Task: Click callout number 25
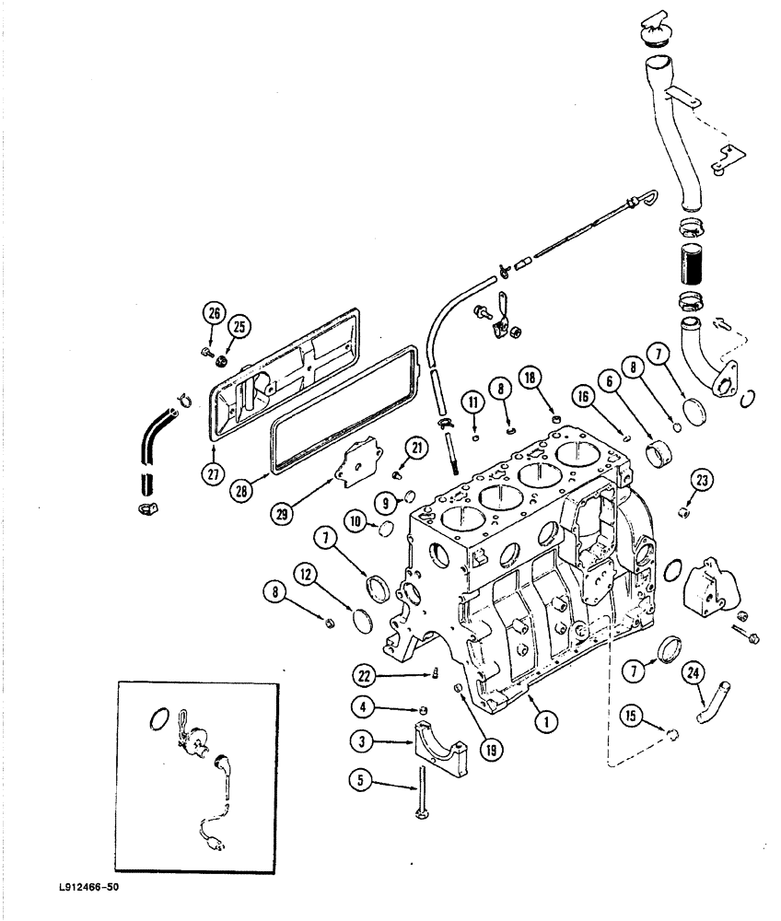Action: [239, 327]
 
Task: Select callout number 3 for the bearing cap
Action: [361, 740]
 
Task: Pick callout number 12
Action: [307, 576]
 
